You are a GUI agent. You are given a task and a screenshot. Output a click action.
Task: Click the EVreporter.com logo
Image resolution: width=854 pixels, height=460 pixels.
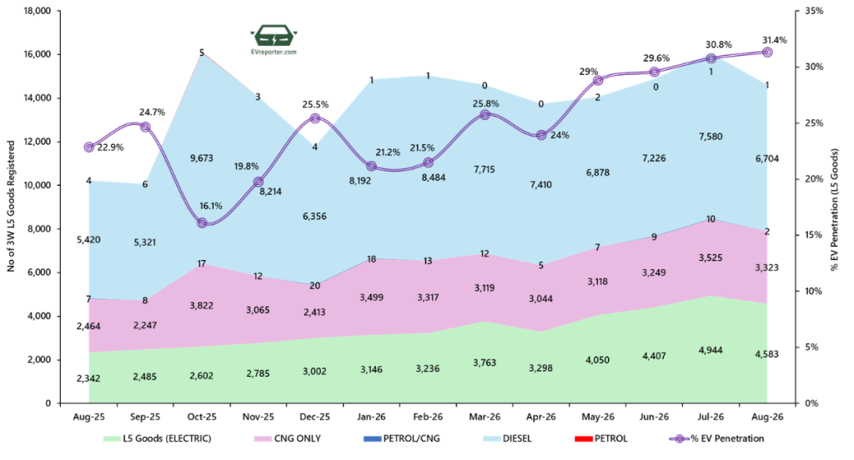[x=274, y=39]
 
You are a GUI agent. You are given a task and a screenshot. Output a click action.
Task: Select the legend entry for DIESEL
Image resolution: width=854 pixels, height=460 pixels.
[x=508, y=439]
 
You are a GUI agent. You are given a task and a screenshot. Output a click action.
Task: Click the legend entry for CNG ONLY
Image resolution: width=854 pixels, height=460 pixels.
[x=288, y=439]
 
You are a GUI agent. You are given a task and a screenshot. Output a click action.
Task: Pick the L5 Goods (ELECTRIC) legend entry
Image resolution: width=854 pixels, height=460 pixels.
[x=158, y=439]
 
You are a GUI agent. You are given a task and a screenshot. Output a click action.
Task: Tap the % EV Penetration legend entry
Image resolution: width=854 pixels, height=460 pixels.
[x=716, y=439]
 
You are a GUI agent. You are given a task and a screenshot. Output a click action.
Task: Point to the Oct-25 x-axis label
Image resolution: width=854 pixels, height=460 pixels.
[x=202, y=417]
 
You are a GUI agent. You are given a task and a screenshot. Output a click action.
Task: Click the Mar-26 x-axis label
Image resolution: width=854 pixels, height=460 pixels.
[x=485, y=417]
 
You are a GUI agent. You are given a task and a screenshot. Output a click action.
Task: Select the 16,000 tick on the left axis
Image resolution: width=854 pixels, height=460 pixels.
[x=37, y=54]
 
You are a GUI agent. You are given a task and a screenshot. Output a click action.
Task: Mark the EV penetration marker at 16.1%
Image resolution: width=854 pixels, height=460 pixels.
[x=202, y=222]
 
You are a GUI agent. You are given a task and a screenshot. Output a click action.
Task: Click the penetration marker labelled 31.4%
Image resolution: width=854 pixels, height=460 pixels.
[x=767, y=52]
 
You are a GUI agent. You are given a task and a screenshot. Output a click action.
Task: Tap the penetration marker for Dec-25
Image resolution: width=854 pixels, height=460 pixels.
[x=314, y=118]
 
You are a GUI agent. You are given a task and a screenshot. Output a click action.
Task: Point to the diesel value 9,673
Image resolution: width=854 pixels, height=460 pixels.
[x=202, y=158]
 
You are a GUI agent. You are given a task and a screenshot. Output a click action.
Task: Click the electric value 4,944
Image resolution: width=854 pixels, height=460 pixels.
[x=711, y=350]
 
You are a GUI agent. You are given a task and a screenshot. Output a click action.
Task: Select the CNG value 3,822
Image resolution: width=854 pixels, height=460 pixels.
[x=202, y=305]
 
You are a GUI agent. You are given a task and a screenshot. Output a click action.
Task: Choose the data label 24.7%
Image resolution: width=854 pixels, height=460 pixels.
[x=152, y=112]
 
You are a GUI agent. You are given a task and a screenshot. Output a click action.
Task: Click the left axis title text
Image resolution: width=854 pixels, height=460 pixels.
[x=11, y=207]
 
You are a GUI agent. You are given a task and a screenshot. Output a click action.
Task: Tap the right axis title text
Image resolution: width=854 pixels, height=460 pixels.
[x=835, y=210]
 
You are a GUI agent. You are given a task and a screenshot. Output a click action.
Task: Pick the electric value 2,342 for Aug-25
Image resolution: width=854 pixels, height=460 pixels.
[x=88, y=378]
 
